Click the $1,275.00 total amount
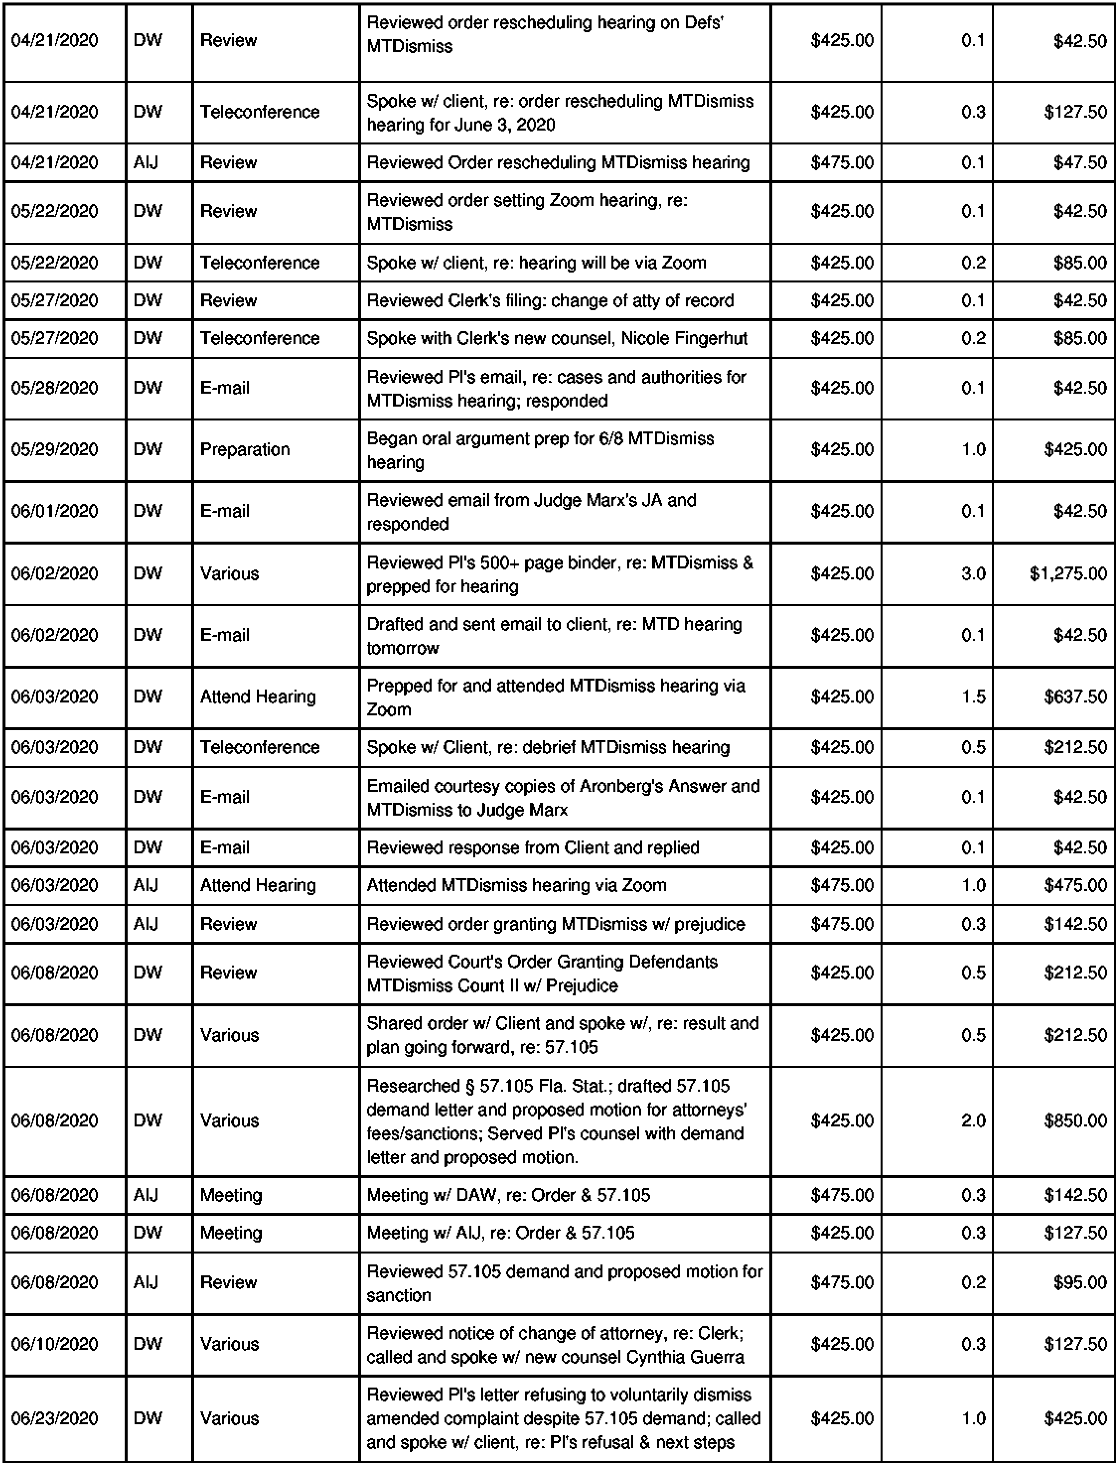pyautogui.click(x=1067, y=573)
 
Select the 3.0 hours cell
pyautogui.click(x=973, y=573)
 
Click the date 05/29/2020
pyautogui.click(x=55, y=450)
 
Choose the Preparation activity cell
pyautogui.click(x=245, y=450)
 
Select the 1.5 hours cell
pyautogui.click(x=973, y=696)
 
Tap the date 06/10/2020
pyautogui.click(x=55, y=1344)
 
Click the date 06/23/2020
pyautogui.click(x=55, y=1418)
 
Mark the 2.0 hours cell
pyautogui.click(x=973, y=1120)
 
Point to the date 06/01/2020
pyautogui.click(x=55, y=511)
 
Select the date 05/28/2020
pyautogui.click(x=55, y=388)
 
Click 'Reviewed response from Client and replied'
pyautogui.click(x=532, y=847)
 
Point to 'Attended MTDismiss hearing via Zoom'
pyautogui.click(x=516, y=885)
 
